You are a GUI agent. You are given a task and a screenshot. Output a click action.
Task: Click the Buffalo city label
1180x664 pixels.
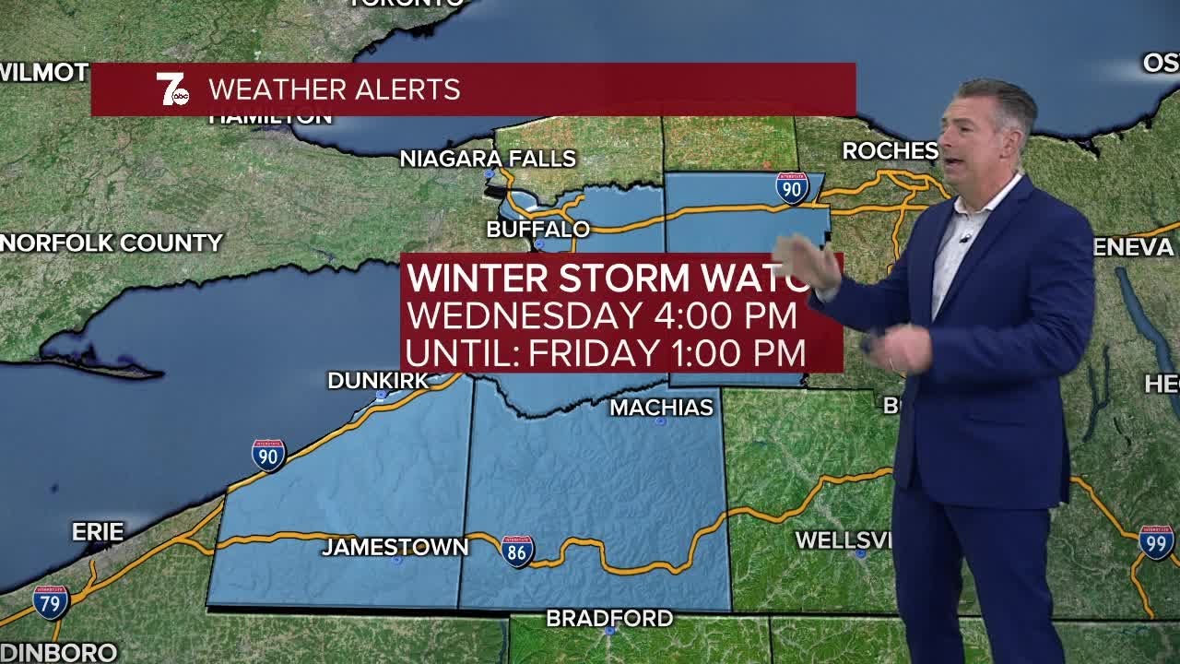click(538, 229)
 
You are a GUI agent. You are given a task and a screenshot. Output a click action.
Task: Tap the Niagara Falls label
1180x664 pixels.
click(488, 159)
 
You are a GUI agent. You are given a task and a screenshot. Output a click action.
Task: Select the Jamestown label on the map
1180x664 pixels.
click(395, 547)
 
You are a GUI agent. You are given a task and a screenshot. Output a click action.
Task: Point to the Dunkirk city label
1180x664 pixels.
click(378, 380)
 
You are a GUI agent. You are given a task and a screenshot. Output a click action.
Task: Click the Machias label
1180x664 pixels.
click(661, 407)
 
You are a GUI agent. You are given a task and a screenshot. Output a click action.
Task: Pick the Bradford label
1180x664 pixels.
click(609, 618)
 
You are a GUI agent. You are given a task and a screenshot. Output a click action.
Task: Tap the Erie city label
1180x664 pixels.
click(98, 532)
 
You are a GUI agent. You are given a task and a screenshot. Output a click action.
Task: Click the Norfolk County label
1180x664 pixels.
click(112, 243)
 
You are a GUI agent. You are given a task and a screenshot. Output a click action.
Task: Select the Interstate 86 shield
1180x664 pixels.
click(517, 551)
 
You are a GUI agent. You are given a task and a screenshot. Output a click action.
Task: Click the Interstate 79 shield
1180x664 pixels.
click(51, 602)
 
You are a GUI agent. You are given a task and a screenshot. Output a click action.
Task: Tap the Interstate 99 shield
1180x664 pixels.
click(1156, 542)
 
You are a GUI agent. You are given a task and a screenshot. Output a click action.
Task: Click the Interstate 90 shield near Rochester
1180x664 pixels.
click(791, 188)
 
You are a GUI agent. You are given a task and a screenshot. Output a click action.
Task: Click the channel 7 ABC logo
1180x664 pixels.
click(172, 89)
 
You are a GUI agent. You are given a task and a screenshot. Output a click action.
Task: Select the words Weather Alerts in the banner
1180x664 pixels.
click(334, 89)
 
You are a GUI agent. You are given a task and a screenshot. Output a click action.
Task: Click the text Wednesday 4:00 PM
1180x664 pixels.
click(601, 315)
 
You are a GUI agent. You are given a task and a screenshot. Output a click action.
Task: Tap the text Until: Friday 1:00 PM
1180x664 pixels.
click(606, 352)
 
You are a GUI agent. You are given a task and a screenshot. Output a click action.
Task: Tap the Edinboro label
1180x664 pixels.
click(58, 652)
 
